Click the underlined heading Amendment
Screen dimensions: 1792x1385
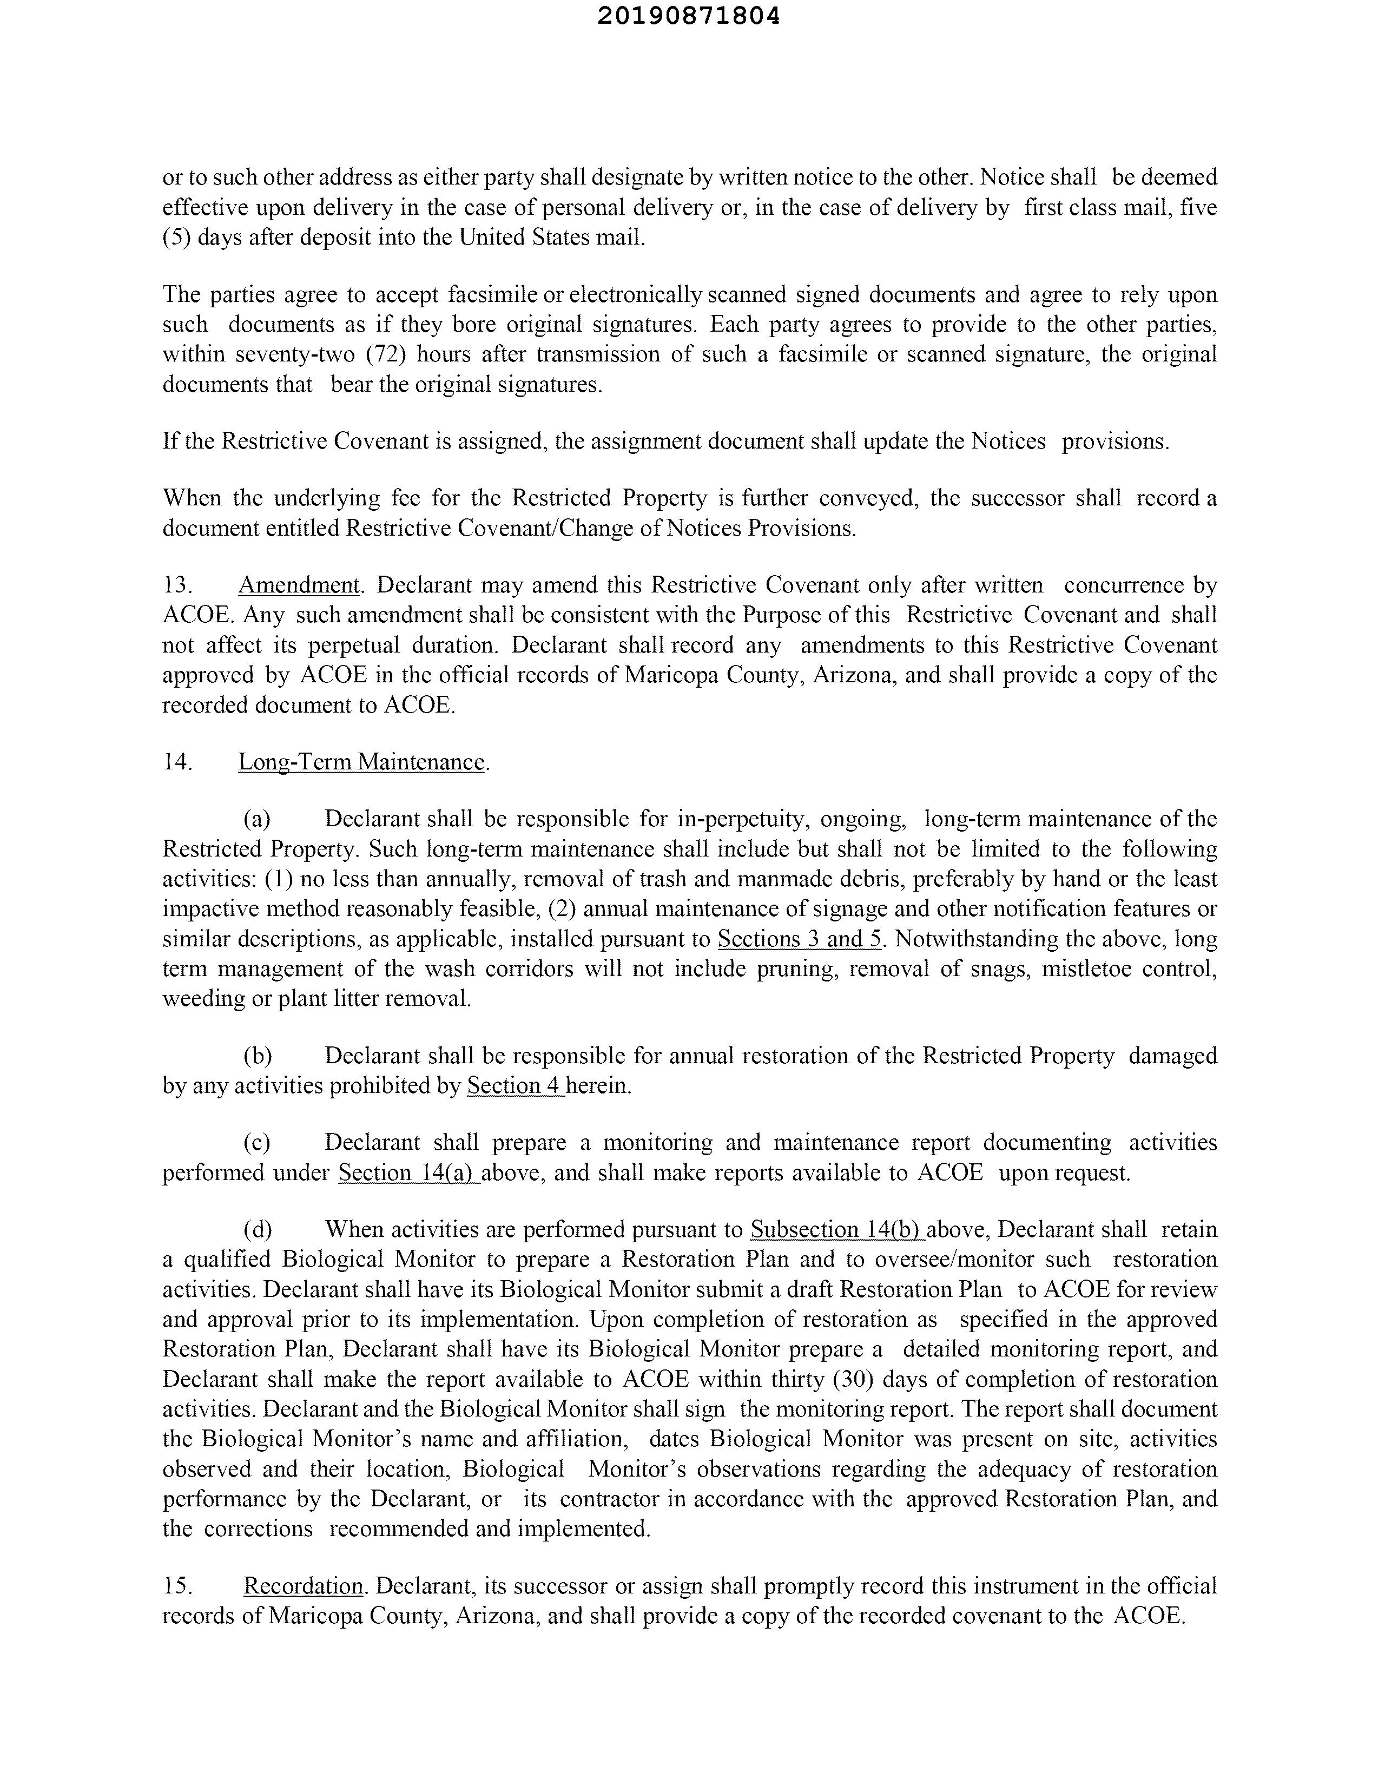(x=299, y=585)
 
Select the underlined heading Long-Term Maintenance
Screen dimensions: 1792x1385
(x=361, y=762)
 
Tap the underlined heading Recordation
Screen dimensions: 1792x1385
(x=303, y=1586)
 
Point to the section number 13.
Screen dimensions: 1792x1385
(x=177, y=585)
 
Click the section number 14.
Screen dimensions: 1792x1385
(x=177, y=762)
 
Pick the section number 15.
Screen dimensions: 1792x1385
(x=177, y=1586)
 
